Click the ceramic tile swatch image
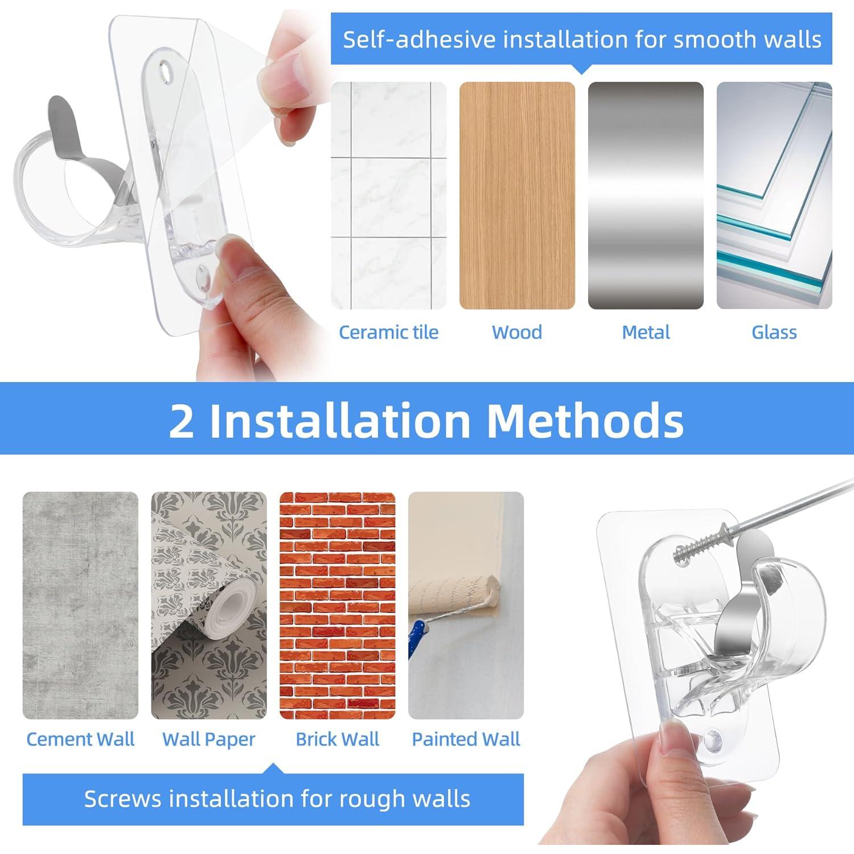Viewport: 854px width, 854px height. tap(388, 195)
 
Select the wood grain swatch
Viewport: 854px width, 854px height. tap(517, 195)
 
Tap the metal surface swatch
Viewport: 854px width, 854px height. tap(646, 195)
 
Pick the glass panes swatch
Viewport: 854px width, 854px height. tap(774, 195)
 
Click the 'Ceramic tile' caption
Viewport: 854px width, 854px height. tap(388, 332)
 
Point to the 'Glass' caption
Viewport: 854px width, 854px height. tap(774, 332)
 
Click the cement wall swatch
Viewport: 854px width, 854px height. tap(80, 605)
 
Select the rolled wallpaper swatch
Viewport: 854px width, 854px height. tap(208, 605)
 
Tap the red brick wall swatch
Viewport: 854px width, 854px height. tap(337, 605)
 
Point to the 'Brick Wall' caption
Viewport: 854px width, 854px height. tap(337, 739)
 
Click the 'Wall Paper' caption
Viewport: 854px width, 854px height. tap(208, 739)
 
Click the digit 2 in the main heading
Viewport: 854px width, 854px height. tap(182, 421)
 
